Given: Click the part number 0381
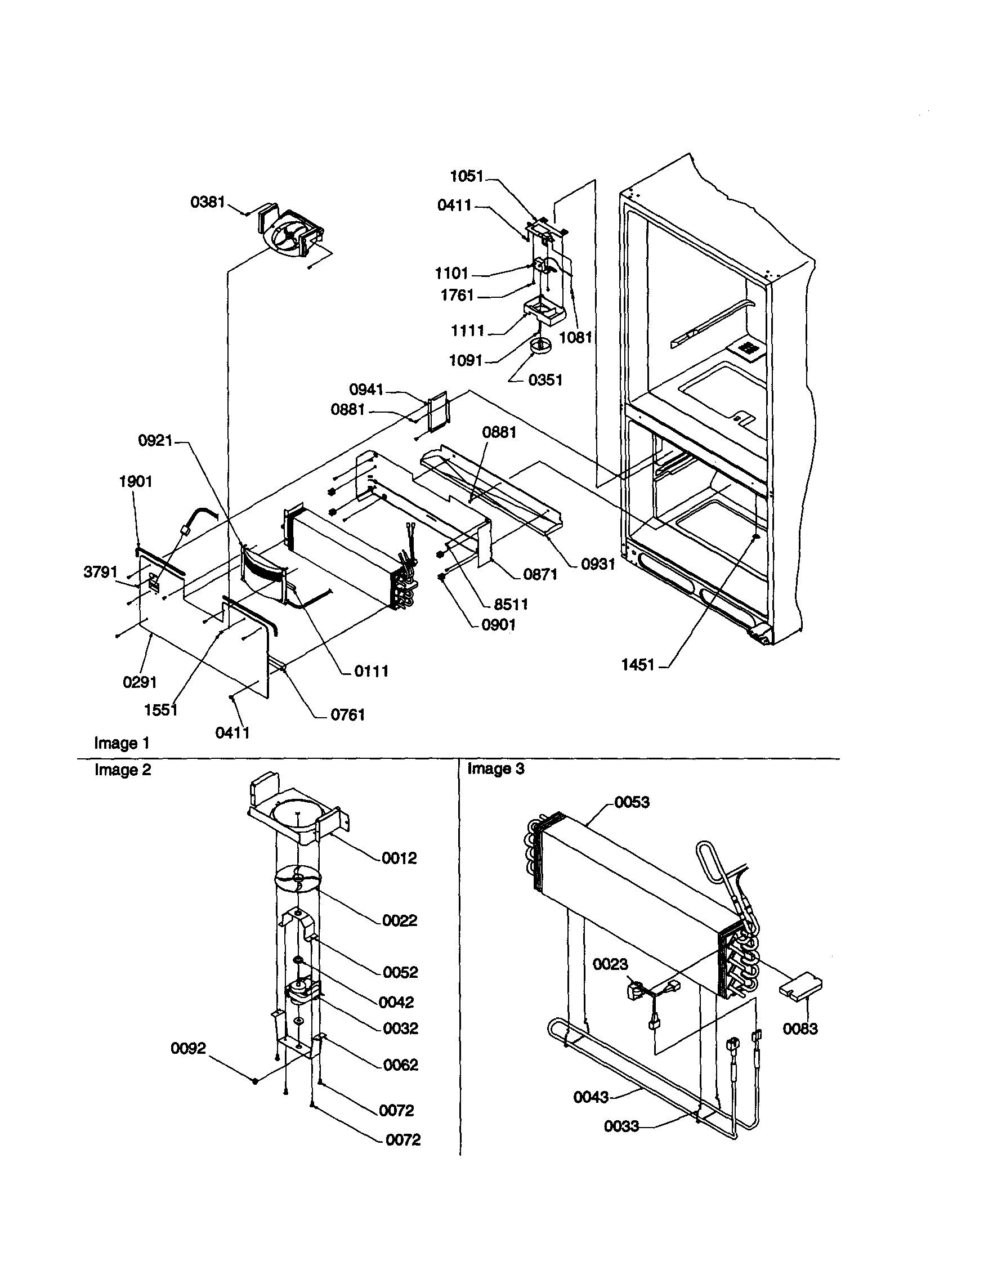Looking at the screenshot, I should (x=207, y=203).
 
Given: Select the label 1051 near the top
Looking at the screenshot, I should (x=467, y=176).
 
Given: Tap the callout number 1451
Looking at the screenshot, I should (x=638, y=665).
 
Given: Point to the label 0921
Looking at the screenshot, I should (x=155, y=441).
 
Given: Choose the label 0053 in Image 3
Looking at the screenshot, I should (x=632, y=802).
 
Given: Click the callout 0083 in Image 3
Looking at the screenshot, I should (x=800, y=1029).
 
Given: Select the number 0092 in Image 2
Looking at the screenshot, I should (x=188, y=1048).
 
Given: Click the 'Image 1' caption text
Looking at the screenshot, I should (x=122, y=743).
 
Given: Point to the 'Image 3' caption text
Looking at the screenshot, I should (x=495, y=769).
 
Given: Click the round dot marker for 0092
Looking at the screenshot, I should (x=255, y=1081).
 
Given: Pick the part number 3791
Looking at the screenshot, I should (x=100, y=572).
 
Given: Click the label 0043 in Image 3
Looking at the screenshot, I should (x=591, y=1097).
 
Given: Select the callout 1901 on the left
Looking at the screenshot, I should (x=136, y=481).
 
